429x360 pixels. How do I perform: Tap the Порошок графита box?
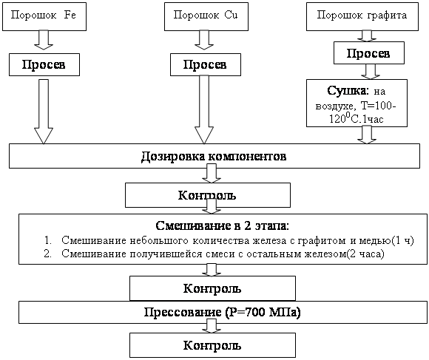pos(362,16)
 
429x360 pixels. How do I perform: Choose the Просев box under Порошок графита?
pos(368,53)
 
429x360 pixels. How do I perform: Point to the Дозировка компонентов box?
pos(213,157)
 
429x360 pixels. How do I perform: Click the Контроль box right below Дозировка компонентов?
pos(208,196)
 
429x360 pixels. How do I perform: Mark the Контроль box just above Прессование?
pos(212,287)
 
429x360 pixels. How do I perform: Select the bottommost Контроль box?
pos(212,345)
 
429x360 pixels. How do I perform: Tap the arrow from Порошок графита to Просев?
pos(368,35)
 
